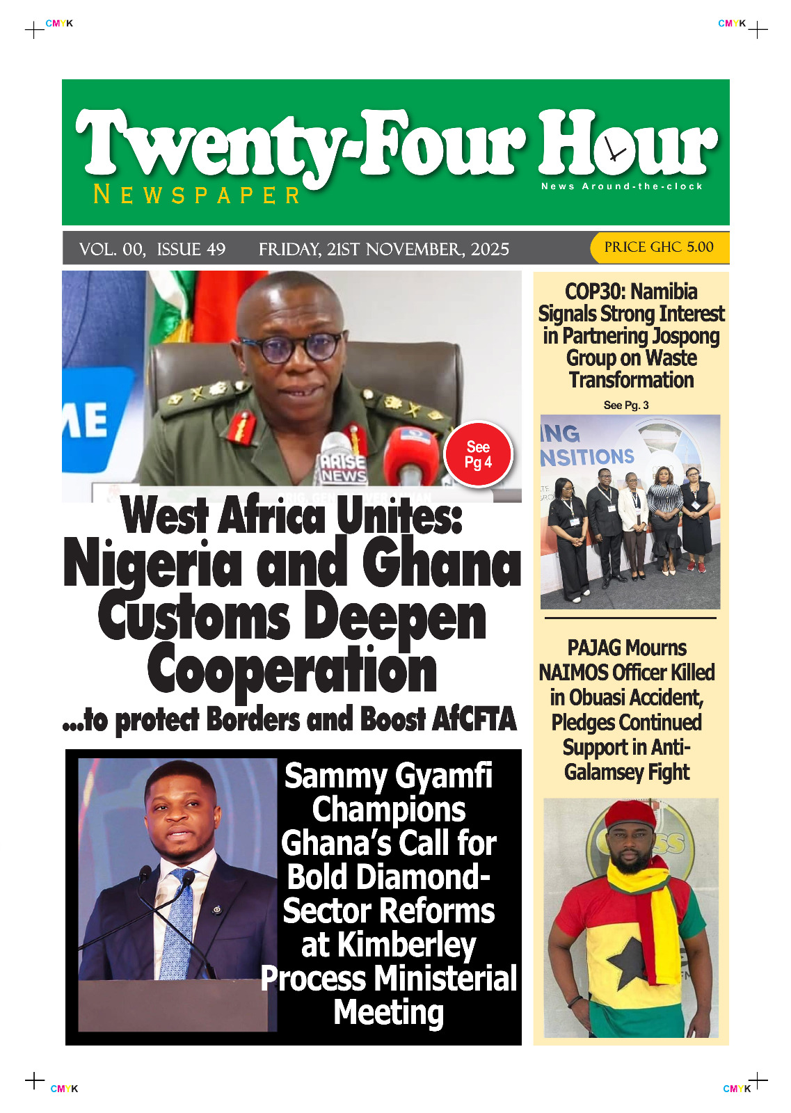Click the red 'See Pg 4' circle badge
point(478,454)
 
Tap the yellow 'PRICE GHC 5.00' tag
point(658,247)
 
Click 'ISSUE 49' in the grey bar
point(191,249)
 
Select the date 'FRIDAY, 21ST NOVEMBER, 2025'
point(383,249)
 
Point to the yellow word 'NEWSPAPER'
point(197,195)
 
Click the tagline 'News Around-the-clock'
point(622,186)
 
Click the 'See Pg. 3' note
point(626,405)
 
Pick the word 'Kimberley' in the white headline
point(406,945)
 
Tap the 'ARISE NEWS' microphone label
point(342,467)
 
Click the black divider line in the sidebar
point(630,618)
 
